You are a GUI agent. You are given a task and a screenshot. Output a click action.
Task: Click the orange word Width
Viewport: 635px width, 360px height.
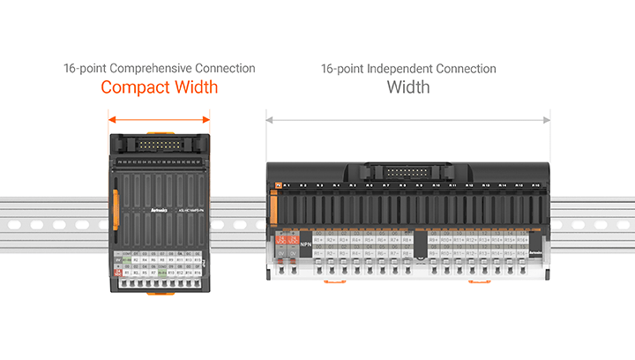(194, 87)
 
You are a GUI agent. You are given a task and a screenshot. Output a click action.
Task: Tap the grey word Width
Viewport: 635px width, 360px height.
(408, 87)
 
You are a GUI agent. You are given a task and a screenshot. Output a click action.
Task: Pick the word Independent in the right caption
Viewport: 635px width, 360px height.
(393, 68)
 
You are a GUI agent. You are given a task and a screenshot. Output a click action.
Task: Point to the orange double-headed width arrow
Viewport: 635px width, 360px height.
(159, 121)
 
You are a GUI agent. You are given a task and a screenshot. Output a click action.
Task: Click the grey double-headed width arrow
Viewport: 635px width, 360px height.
(408, 121)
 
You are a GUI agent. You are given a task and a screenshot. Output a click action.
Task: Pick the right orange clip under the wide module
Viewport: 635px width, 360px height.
(480, 282)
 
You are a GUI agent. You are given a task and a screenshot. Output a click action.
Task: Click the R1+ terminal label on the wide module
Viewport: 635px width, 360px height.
(318, 239)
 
